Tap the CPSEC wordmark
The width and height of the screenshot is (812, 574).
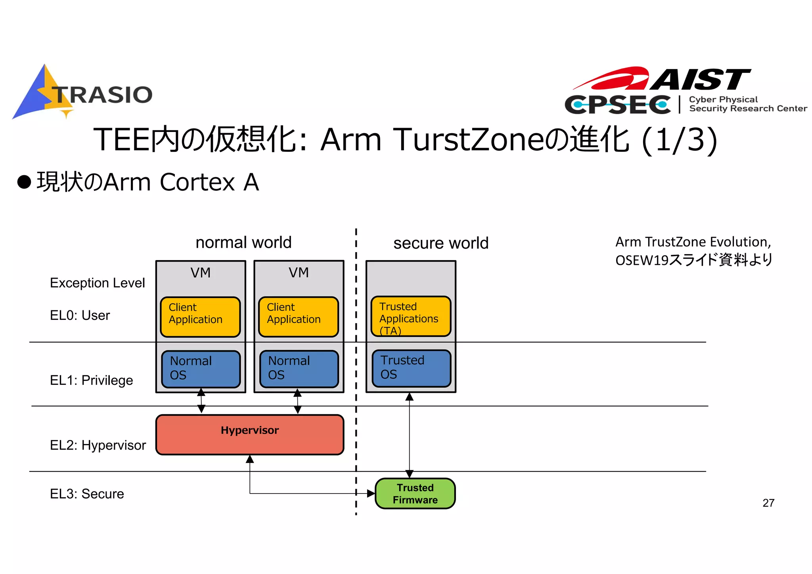[618, 105]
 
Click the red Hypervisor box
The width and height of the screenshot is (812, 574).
[250, 435]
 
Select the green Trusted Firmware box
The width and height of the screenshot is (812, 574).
[415, 494]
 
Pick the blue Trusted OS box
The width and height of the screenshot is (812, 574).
[411, 368]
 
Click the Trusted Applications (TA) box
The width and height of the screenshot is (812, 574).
[411, 317]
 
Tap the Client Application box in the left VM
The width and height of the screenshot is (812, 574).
[200, 317]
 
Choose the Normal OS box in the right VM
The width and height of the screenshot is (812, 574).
[299, 369]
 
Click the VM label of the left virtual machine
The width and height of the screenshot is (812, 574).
[200, 273]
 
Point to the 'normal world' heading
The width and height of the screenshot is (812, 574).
[243, 242]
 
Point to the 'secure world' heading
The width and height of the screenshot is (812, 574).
[440, 243]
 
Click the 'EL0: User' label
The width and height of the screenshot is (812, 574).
[80, 316]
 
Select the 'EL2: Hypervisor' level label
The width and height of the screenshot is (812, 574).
[98, 445]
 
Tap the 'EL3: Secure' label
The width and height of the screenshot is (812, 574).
[87, 494]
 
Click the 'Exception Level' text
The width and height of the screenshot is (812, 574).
[97, 283]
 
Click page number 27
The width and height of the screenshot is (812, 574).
[768, 503]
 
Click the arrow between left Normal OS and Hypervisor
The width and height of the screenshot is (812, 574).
[201, 401]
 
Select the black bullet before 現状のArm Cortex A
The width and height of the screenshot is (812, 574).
[24, 182]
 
